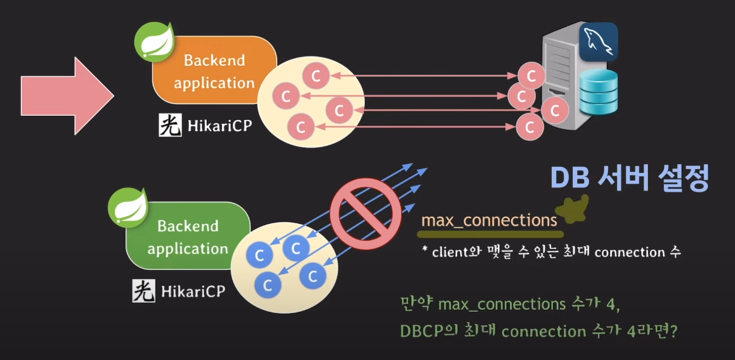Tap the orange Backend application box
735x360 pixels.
pyautogui.click(x=214, y=71)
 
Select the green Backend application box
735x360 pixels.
pyautogui.click(x=188, y=236)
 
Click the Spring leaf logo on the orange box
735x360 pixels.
pyautogui.click(x=155, y=42)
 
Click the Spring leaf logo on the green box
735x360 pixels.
pyautogui.click(x=128, y=207)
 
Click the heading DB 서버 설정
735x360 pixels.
pyautogui.click(x=628, y=179)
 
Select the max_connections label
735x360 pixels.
pyautogui.click(x=489, y=221)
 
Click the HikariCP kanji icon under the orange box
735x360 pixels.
pyautogui.click(x=170, y=125)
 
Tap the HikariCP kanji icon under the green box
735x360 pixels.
pyautogui.click(x=144, y=291)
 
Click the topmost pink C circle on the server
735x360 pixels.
pyautogui.click(x=531, y=76)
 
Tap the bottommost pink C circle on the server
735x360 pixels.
pyautogui.click(x=529, y=127)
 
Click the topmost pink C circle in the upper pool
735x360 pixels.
pyautogui.click(x=315, y=76)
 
